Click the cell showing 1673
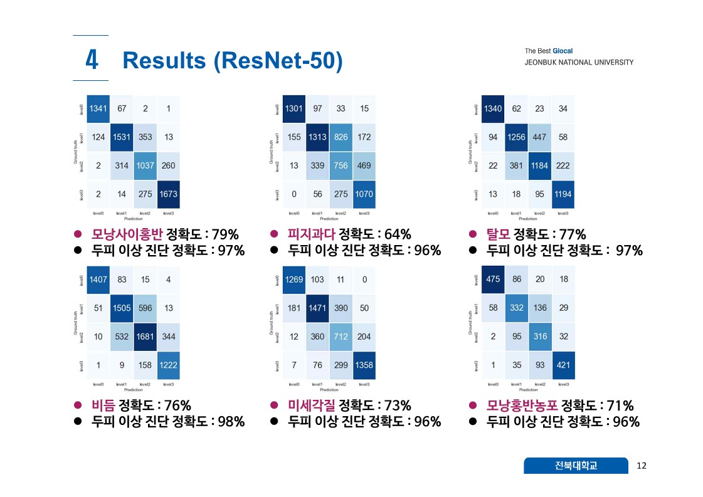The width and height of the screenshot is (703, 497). [169, 194]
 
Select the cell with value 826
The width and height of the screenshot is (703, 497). [341, 137]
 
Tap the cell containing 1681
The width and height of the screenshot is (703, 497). [145, 337]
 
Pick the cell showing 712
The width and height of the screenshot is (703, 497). [341, 337]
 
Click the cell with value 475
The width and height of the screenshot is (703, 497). [493, 279]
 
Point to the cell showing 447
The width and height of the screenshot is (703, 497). [539, 137]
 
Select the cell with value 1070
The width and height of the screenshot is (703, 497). [364, 194]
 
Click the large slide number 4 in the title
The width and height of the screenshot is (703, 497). [91, 60]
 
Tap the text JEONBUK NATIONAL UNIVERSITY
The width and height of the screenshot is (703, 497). [579, 62]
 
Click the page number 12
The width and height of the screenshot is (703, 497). [641, 465]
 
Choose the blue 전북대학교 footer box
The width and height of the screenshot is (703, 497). [576, 465]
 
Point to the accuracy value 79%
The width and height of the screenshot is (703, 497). [225, 234]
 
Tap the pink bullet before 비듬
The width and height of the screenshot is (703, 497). [78, 405]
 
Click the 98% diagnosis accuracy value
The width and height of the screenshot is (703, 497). [230, 422]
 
